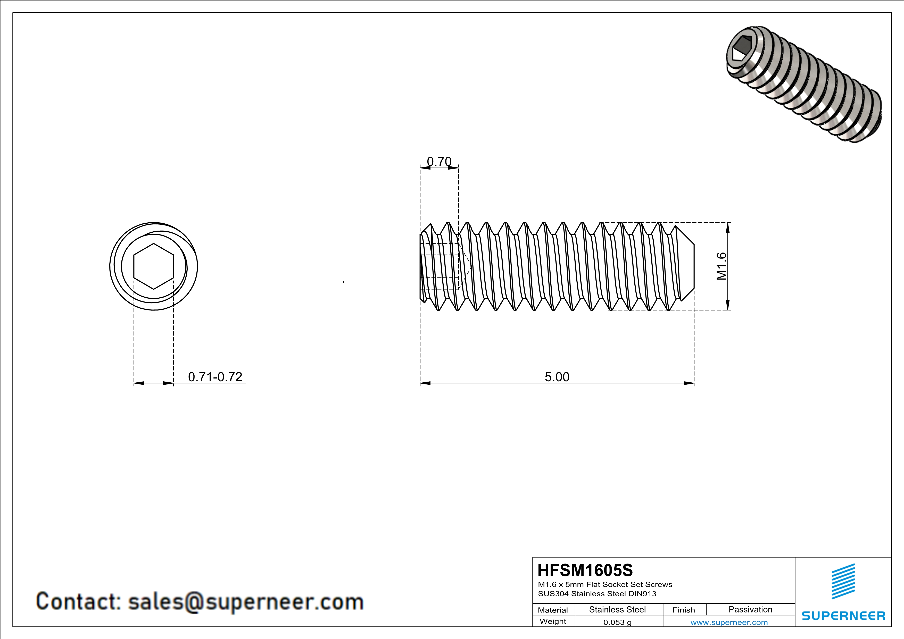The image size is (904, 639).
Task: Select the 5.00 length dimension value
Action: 557,377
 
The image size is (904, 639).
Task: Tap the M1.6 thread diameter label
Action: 721,266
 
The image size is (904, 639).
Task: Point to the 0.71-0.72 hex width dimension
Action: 215,377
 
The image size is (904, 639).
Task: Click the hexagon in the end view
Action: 154,266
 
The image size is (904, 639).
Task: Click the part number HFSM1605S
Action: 585,570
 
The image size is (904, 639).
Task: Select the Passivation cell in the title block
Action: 750,609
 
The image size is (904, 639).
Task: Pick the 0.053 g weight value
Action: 617,622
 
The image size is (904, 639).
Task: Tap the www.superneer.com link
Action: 729,622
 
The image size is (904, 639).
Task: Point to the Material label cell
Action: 553,610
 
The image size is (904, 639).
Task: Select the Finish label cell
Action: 684,610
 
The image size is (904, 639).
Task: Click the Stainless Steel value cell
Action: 617,609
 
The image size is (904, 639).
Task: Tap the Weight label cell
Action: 553,621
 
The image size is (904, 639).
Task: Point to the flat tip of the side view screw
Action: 693,266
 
